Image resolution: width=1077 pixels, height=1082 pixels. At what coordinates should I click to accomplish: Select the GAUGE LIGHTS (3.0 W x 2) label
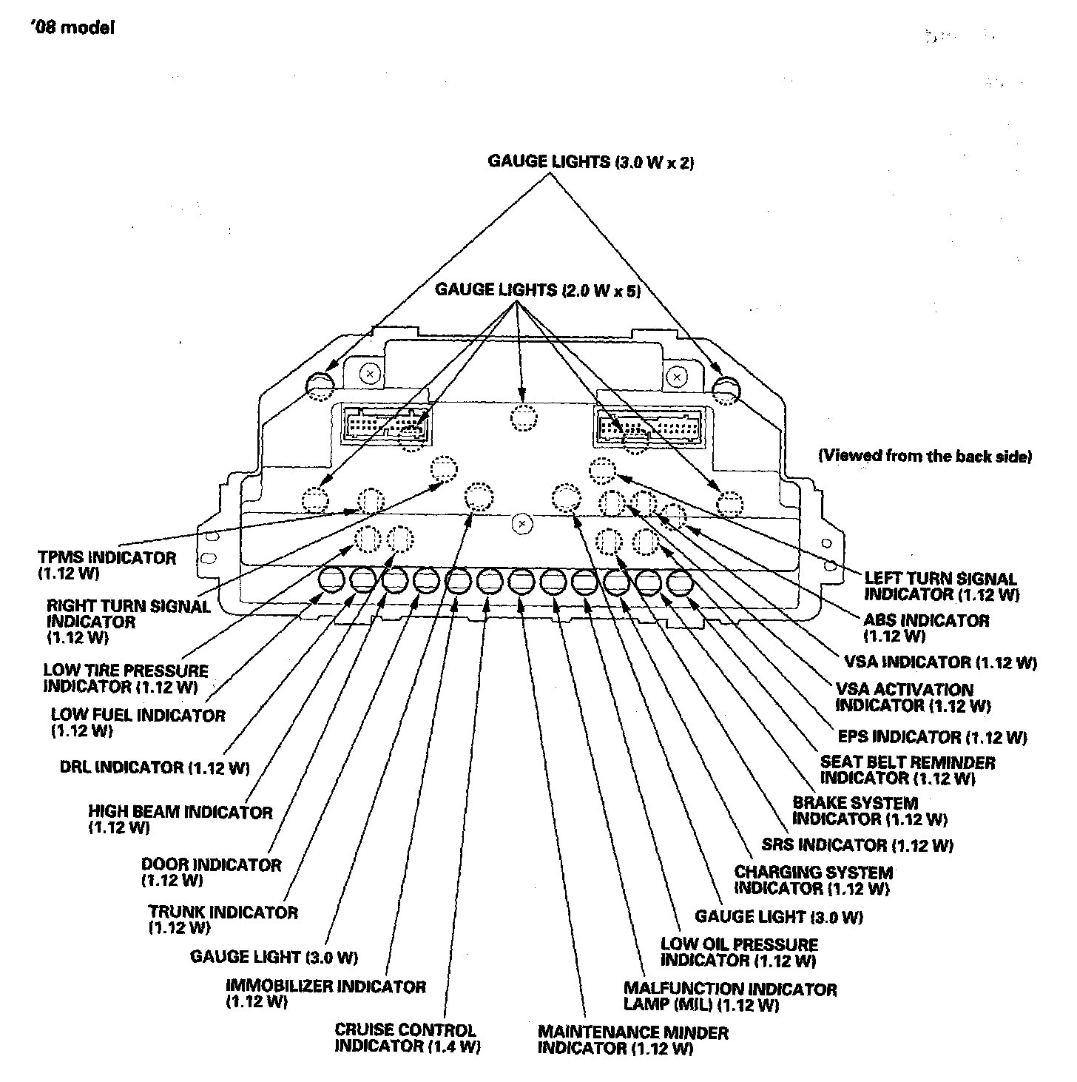click(590, 162)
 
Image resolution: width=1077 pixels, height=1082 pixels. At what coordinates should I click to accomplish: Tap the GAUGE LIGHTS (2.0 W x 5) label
click(537, 289)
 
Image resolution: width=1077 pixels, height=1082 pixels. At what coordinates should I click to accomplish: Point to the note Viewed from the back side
click(924, 456)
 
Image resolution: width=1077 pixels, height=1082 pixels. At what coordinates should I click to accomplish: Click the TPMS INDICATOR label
click(107, 565)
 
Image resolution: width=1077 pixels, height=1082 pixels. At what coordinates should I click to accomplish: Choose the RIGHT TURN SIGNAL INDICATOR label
click(128, 622)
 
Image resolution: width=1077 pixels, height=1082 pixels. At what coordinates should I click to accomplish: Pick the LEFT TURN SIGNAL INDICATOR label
click(940, 586)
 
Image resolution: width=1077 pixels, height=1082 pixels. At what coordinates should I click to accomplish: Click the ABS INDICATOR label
click(925, 628)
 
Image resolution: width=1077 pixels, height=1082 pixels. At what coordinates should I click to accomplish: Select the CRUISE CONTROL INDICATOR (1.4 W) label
click(407, 1038)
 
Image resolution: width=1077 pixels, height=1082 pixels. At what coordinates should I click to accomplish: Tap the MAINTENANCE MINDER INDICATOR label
click(632, 1040)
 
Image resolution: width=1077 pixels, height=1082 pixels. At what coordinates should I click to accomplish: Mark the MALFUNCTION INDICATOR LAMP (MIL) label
click(729, 996)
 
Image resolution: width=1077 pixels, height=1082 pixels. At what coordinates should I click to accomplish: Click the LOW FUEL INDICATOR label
click(138, 722)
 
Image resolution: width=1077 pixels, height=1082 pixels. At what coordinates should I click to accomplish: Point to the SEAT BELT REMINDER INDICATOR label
click(907, 770)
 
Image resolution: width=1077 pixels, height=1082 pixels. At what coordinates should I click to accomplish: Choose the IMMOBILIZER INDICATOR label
click(325, 994)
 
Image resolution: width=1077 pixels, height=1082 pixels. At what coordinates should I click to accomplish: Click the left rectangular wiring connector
click(385, 426)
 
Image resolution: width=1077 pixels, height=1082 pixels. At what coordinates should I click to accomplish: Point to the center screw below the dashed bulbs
click(522, 524)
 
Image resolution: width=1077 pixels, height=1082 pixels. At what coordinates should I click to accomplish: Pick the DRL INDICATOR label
click(154, 767)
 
